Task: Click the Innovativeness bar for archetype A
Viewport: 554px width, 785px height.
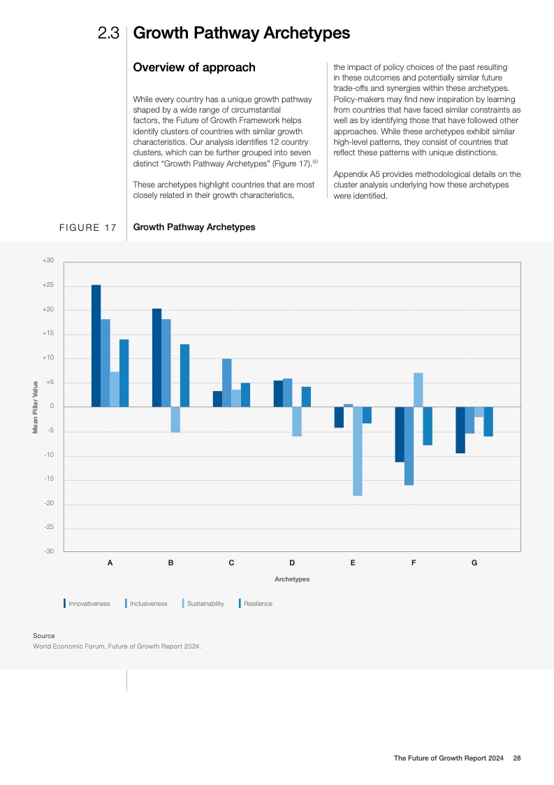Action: (96, 346)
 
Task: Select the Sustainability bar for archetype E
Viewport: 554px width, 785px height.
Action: (358, 451)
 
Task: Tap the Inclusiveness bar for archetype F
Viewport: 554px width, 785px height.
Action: (409, 446)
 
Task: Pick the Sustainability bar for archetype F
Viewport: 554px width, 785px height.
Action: (418, 390)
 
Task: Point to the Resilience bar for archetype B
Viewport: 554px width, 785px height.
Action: (185, 376)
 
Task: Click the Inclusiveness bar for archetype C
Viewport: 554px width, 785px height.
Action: (226, 383)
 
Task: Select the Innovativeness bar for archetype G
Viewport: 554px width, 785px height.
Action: (460, 430)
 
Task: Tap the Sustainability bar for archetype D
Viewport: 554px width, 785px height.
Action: (297, 421)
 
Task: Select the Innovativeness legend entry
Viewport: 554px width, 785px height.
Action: (89, 604)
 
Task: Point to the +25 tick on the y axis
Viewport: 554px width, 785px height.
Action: (48, 285)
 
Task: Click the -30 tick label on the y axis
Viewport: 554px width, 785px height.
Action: (48, 551)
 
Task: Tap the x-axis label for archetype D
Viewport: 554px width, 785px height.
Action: (292, 563)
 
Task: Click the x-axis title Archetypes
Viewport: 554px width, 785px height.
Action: (292, 579)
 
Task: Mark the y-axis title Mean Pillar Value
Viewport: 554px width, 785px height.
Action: (35, 406)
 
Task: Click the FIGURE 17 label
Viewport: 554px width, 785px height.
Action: (88, 227)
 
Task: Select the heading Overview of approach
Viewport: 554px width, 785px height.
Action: (194, 68)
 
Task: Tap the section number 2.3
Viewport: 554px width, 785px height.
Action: (109, 33)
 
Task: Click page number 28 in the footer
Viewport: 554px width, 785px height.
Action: (517, 758)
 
